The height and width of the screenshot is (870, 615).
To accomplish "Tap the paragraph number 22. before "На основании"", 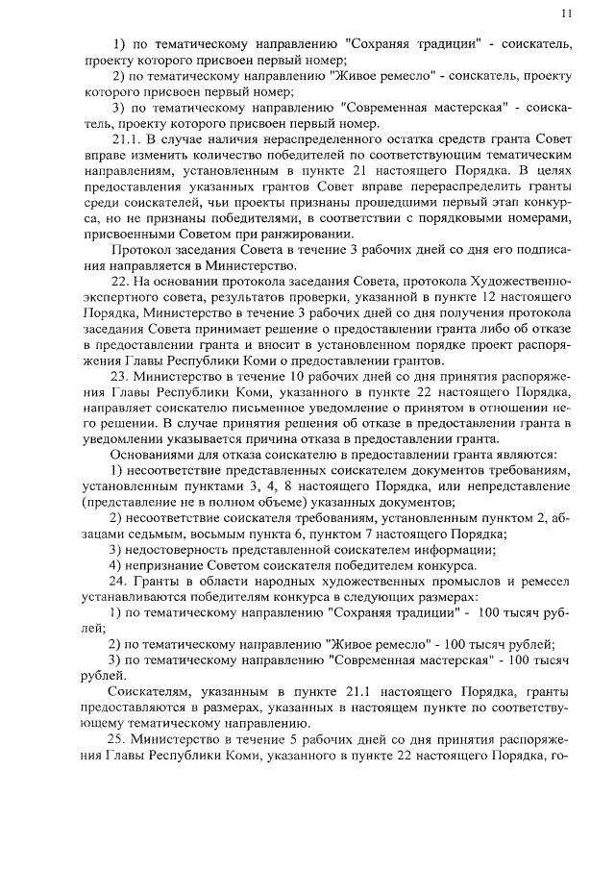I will (x=123, y=280).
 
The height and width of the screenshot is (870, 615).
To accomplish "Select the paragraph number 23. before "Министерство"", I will (x=123, y=374).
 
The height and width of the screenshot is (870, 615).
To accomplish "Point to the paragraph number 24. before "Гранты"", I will (x=123, y=583).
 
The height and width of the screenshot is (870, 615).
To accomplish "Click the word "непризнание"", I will (x=176, y=566).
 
